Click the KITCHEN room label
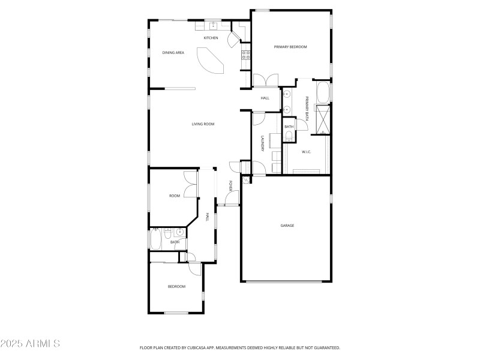click(211, 38)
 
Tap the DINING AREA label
click(173, 53)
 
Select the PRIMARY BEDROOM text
click(290, 47)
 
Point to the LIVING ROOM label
click(203, 124)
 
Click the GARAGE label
click(287, 226)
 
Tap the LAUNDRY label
click(262, 143)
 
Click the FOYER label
click(230, 186)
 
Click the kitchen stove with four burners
click(245, 55)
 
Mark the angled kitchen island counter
click(211, 62)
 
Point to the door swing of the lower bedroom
click(191, 257)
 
